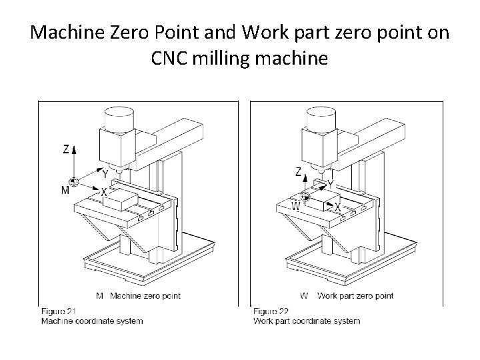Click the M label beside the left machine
click(x=65, y=191)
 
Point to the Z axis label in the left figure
click(x=66, y=149)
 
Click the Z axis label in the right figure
click(x=298, y=172)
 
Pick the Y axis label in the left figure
click(x=105, y=174)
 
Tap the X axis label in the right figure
click(x=337, y=208)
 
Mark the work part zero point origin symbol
click(x=306, y=196)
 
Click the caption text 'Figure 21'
click(x=59, y=311)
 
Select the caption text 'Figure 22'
click(x=271, y=311)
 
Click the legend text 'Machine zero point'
click(x=145, y=296)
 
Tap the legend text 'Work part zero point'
click(x=355, y=296)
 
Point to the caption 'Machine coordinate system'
click(x=91, y=321)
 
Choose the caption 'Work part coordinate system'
click(x=307, y=321)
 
